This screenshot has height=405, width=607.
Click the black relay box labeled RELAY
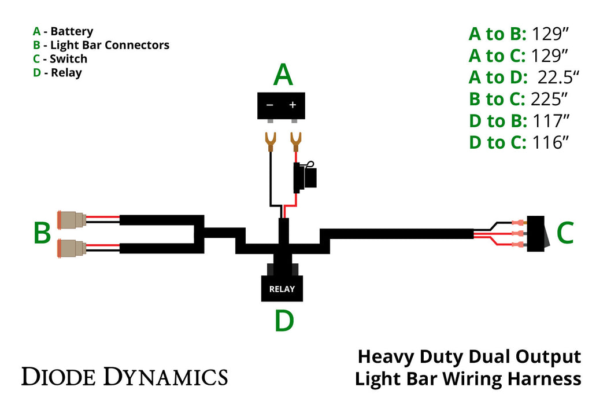pos(282,288)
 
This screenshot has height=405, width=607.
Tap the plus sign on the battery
pos(293,105)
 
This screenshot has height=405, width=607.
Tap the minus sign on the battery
pos(269,105)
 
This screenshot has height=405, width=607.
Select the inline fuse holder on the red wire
pos(305,176)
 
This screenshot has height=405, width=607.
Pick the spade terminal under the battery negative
pos(269,141)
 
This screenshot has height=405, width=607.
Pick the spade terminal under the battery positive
pos(296,141)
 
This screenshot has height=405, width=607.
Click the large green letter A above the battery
pos(283,75)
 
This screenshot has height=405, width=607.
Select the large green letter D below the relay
pos(284,322)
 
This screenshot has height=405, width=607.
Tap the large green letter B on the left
pos(42,234)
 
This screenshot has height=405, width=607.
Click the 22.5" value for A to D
pos(558,78)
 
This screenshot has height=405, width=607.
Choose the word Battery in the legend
pos(72,31)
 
